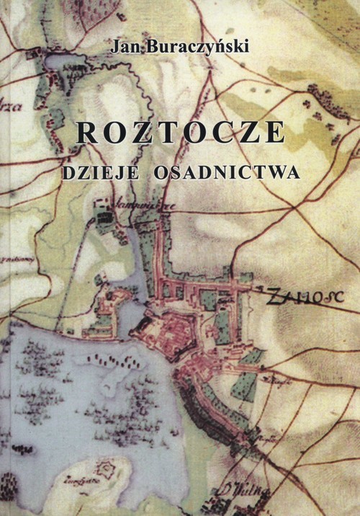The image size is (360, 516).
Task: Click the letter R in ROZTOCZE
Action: [86, 135]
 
